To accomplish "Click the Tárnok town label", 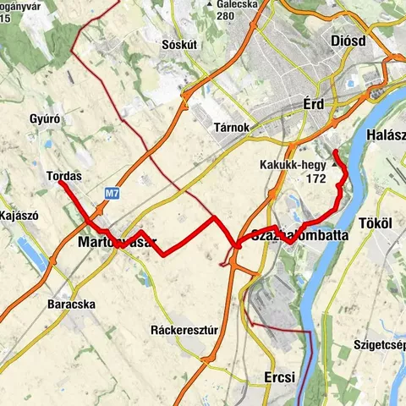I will [230, 127].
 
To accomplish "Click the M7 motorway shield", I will [112, 194].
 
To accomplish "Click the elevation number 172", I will [317, 179].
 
